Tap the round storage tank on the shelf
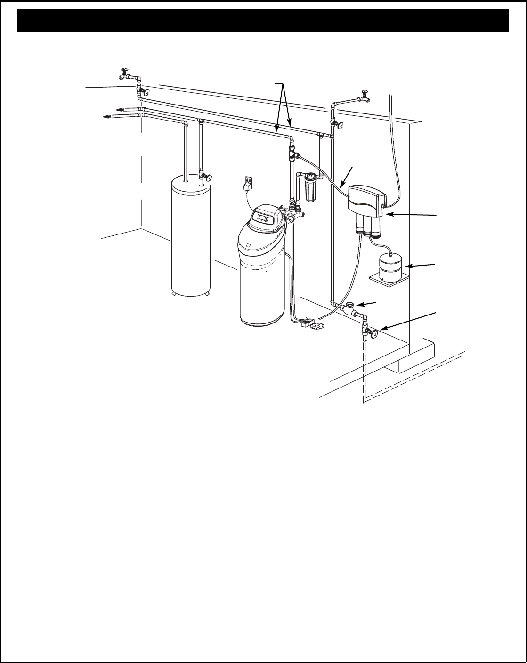[389, 267]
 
